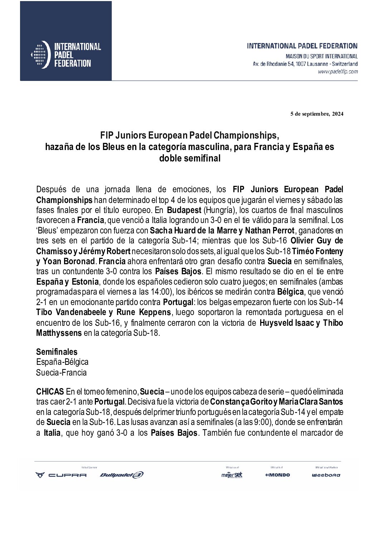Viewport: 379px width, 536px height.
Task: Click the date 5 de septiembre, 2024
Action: coord(317,114)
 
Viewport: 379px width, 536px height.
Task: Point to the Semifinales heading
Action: coord(57,352)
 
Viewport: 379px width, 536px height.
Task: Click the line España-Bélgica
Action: coord(62,362)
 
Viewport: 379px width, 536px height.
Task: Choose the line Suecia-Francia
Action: coord(62,372)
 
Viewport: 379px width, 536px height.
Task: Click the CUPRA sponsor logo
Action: coord(61,475)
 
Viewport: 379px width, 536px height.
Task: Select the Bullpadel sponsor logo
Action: coord(122,475)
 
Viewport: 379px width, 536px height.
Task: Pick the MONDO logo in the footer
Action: coord(278,475)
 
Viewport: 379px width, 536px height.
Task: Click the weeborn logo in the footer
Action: coord(326,475)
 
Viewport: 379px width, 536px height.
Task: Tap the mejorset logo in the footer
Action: coord(232,475)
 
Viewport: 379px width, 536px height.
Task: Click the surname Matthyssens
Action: coord(59,333)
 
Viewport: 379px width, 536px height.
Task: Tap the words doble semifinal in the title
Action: coord(190,158)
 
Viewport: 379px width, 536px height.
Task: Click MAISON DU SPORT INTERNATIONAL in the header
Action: coord(321,57)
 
